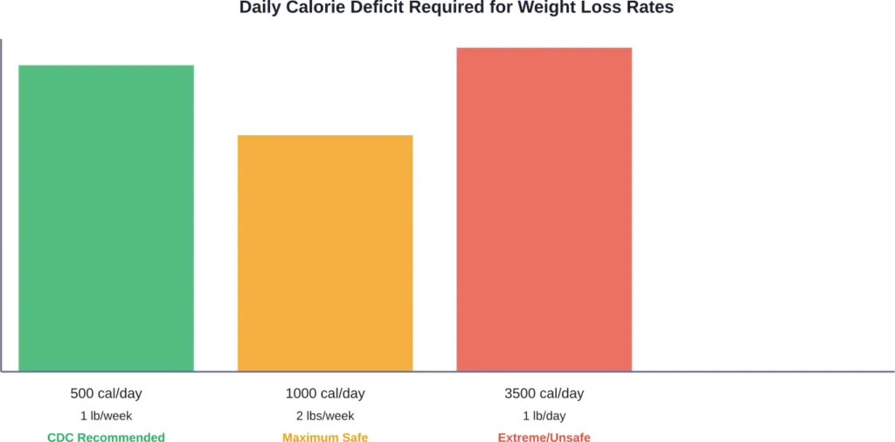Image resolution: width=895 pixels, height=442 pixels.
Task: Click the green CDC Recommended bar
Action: coord(106,218)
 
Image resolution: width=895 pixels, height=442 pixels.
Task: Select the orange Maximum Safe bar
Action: coord(325,252)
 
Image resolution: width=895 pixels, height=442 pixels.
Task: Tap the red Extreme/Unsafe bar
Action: coord(544,209)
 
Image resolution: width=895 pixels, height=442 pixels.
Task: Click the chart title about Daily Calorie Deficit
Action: coord(456,9)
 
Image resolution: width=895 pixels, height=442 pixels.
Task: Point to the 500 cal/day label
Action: coord(106,393)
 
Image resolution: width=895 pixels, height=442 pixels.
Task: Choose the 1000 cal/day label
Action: coord(325,393)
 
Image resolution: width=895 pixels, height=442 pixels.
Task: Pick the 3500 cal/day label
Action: coord(544,393)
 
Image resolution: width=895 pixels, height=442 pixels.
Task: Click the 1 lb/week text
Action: coord(106,416)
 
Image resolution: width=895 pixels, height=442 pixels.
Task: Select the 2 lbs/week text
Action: coord(325,416)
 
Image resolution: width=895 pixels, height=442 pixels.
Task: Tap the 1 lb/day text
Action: coord(544,416)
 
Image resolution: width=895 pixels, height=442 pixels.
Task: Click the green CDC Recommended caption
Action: coord(106,437)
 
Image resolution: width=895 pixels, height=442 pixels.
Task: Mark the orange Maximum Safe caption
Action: coord(325,437)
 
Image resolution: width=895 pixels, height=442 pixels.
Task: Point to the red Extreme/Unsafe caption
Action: coord(544,437)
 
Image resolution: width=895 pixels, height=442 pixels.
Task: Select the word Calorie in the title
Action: coord(312,9)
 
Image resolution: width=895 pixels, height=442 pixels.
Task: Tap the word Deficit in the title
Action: coord(371,9)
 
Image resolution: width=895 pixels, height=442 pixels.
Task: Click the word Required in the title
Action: coord(439,9)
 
